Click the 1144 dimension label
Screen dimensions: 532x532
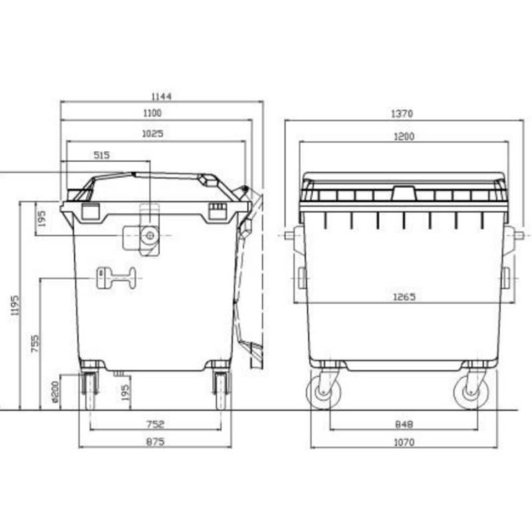point(161,96)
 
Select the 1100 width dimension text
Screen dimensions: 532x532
point(152,114)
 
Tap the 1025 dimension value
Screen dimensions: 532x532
point(152,134)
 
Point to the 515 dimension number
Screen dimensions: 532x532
point(101,155)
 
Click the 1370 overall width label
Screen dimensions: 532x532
point(402,114)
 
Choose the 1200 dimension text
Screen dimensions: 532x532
point(404,136)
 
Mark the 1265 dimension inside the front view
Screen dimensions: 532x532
point(404,297)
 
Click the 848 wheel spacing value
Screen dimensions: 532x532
point(404,424)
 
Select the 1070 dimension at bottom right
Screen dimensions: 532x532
point(404,442)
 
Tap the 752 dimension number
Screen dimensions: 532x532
point(154,424)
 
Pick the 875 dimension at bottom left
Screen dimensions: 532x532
point(154,442)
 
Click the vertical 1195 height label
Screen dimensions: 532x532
point(15,305)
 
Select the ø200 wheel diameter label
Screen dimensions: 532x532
point(55,392)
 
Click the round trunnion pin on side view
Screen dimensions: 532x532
point(150,235)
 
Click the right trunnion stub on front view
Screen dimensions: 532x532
point(517,235)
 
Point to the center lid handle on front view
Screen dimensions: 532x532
point(402,194)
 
